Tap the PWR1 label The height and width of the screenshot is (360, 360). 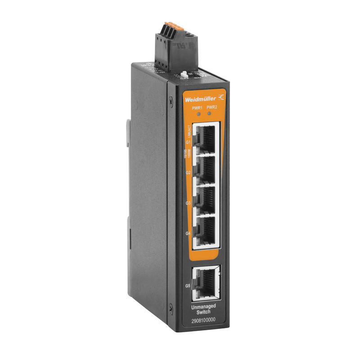point(197,107)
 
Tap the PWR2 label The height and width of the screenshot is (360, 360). point(212,108)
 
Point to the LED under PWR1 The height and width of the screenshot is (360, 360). point(198,113)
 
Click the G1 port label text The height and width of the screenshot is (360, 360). point(189,143)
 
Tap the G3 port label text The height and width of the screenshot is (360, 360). point(188,203)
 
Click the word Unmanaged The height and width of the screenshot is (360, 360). point(203,306)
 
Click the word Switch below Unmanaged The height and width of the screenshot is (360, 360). point(204,311)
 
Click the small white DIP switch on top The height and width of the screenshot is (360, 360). point(184,73)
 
